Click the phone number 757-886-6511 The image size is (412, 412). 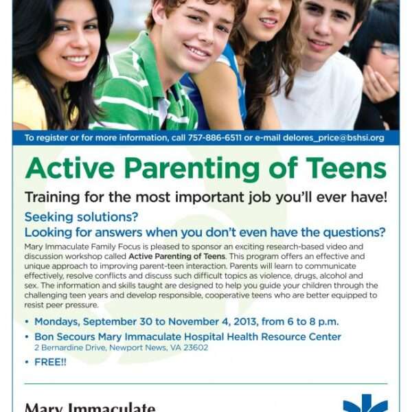click(214, 138)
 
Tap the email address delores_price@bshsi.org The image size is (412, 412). click(333, 138)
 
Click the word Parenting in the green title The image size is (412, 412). click(192, 169)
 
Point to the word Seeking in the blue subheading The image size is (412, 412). click(49, 217)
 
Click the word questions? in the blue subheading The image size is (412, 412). click(354, 233)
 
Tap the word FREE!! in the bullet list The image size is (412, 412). click(50, 362)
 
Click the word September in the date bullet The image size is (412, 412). click(110, 322)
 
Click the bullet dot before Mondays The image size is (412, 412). click(27, 321)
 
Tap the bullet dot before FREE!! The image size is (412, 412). click(27, 362)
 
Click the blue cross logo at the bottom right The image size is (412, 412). click(365, 403)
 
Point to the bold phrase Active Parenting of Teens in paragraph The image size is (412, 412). click(177, 256)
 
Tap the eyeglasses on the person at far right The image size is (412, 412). click(385, 49)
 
